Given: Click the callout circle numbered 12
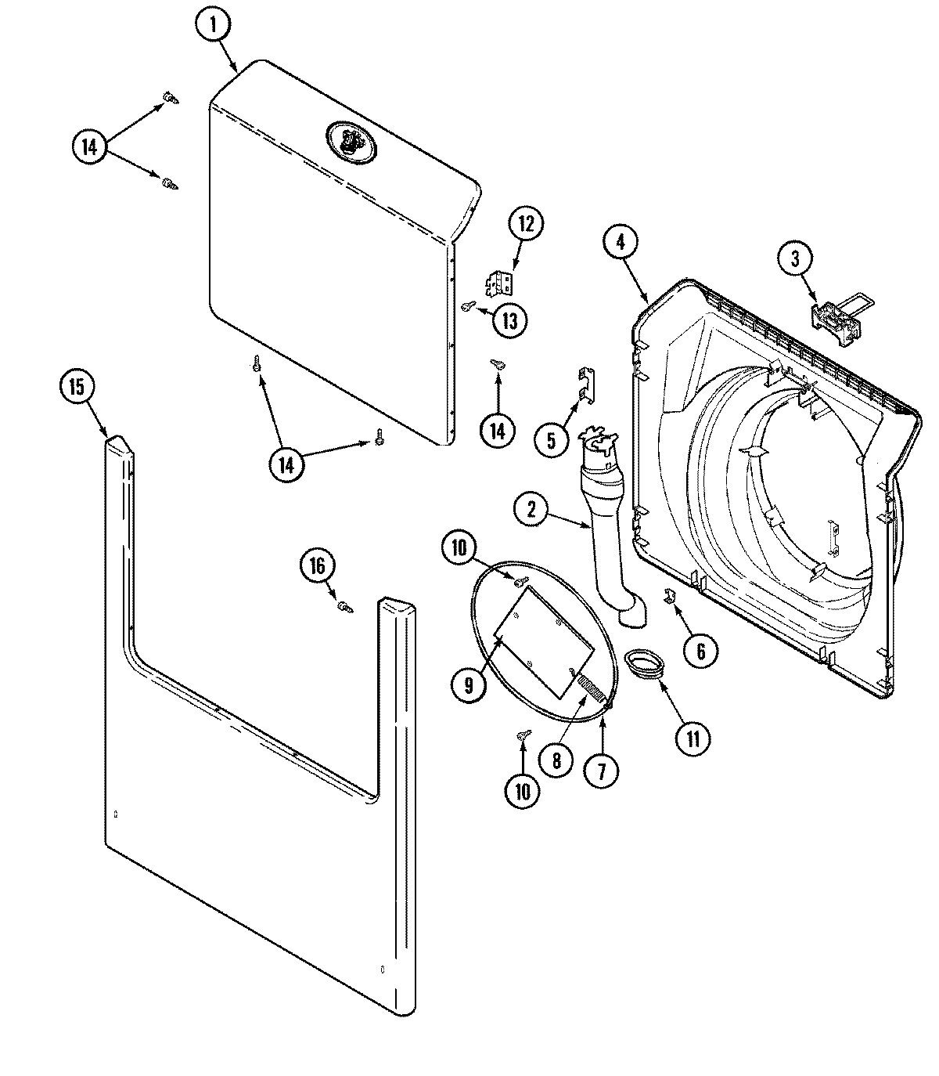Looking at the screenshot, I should click(525, 224).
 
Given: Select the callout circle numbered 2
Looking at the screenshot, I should click(532, 511).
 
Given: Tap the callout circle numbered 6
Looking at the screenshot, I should click(700, 650).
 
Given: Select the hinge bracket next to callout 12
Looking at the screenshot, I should click(498, 283).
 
